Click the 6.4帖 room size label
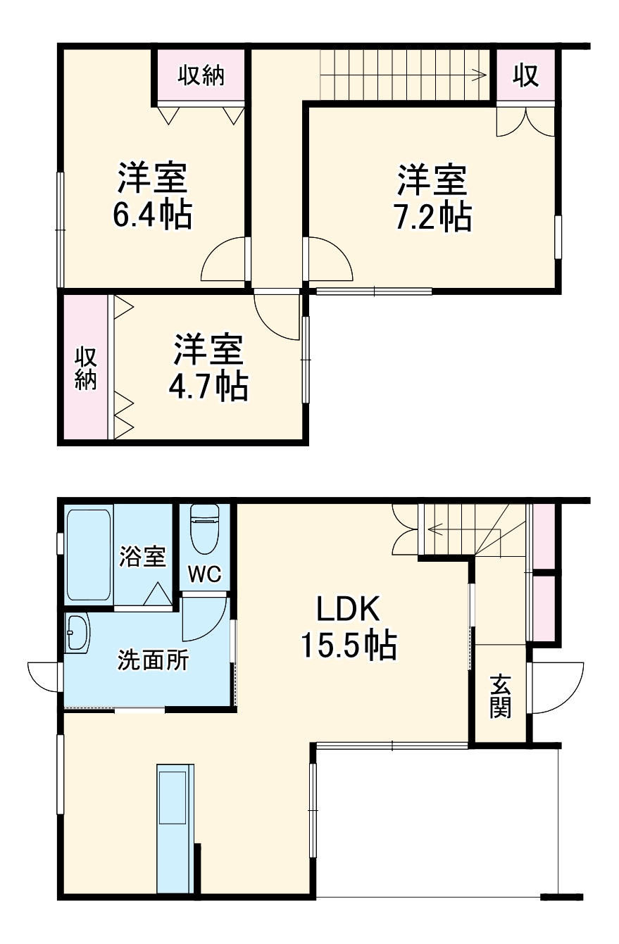pyautogui.click(x=152, y=215)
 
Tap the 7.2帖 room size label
pyautogui.click(x=432, y=218)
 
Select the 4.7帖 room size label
pyautogui.click(x=208, y=386)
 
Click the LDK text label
pyautogui.click(x=348, y=610)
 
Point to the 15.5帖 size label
pyautogui.click(x=349, y=645)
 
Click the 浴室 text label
pyautogui.click(x=143, y=556)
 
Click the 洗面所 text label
pyautogui.click(x=153, y=661)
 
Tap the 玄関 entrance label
pyautogui.click(x=501, y=696)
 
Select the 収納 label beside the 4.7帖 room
pyautogui.click(x=85, y=367)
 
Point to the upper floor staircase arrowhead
pyautogui.click(x=482, y=73)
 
